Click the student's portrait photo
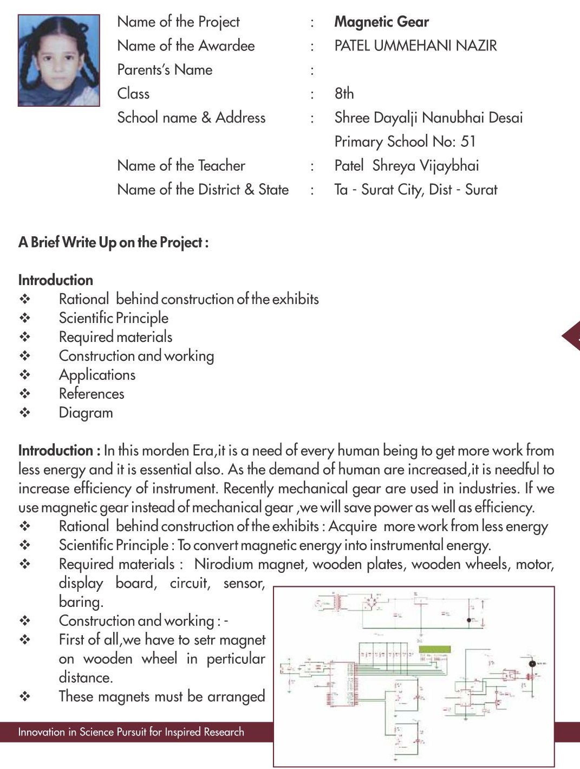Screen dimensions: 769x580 tap(58, 60)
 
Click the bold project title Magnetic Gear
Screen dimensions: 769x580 tap(381, 22)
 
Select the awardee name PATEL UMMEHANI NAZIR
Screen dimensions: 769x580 tap(415, 46)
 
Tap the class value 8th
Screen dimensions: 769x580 tap(344, 93)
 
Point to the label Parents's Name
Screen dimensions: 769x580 tap(165, 69)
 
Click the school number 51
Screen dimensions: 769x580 tap(468, 141)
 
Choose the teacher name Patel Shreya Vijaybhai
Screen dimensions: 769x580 tap(406, 165)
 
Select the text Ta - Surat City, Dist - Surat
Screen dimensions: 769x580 tap(415, 189)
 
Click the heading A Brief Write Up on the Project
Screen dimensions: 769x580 tap(113, 242)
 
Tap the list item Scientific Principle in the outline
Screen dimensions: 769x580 tap(113, 318)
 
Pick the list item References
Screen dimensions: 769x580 tap(92, 394)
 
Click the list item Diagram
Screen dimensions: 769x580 tap(86, 413)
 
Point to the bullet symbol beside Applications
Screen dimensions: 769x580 tap(25, 374)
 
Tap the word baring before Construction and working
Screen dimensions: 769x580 tap(81, 602)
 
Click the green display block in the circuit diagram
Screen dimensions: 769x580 tap(434, 649)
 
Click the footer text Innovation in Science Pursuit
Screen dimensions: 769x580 tap(131, 732)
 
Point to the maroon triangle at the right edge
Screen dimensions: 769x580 tap(572, 337)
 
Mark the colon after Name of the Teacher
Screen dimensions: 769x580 tap(312, 166)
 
